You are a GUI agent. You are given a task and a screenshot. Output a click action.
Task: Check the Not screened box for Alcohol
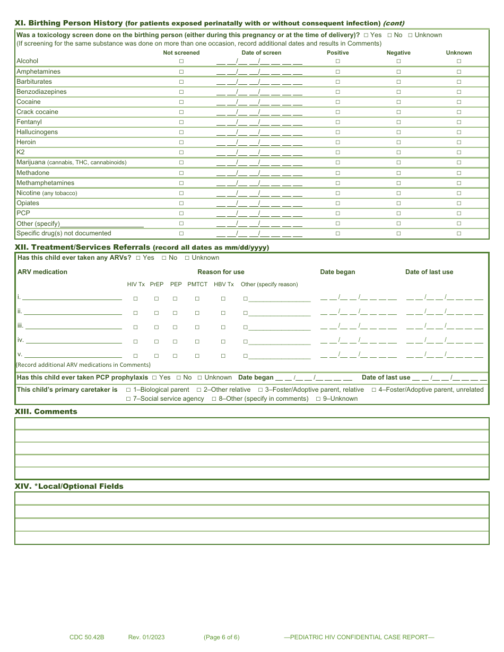[181, 61]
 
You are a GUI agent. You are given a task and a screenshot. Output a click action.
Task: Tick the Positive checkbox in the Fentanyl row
[337, 122]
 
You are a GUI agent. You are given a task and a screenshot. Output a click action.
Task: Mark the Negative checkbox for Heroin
[398, 143]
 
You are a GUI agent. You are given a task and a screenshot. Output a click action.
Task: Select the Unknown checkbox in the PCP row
[459, 213]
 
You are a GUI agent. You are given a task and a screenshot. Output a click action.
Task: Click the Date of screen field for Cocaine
[259, 102]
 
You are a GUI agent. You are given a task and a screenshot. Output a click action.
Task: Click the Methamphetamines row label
[45, 183]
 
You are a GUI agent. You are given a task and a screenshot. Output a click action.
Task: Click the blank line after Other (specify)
[102, 224]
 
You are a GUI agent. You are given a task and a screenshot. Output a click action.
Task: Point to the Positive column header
[338, 52]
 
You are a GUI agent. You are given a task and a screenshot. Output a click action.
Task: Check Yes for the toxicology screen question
[366, 35]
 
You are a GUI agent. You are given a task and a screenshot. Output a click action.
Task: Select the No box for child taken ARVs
[164, 258]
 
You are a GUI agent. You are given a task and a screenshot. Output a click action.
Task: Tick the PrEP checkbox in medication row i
[157, 299]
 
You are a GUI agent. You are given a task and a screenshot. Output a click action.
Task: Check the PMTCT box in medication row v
[197, 356]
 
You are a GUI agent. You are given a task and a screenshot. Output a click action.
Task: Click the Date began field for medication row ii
[358, 313]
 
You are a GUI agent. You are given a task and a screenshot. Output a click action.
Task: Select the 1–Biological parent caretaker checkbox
[128, 390]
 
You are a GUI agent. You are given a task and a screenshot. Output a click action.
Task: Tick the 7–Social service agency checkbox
[128, 399]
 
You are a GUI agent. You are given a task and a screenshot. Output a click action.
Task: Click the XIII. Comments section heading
[46, 411]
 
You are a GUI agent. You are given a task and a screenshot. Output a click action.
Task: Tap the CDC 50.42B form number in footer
[86, 637]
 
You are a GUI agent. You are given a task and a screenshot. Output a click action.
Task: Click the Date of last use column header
[429, 272]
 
